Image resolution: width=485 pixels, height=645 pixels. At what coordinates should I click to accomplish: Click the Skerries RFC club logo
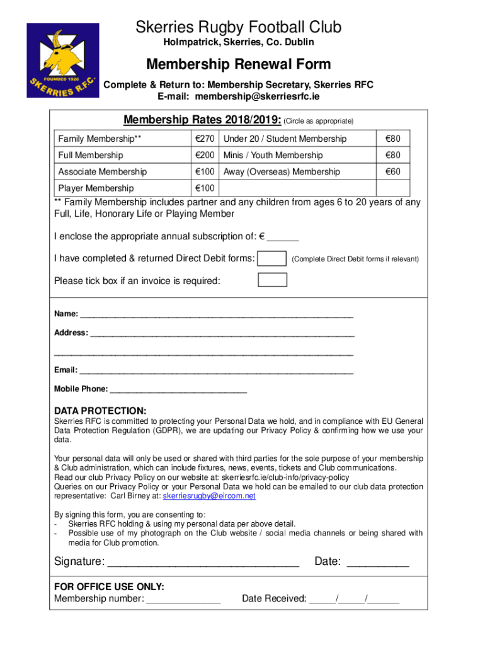[63, 60]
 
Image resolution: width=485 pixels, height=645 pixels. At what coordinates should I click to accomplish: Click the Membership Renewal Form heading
[238, 64]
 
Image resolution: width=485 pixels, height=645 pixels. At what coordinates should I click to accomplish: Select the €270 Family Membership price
[205, 139]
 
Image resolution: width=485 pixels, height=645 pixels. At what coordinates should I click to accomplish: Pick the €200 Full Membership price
[205, 155]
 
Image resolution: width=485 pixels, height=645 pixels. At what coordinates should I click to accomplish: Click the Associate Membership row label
[102, 171]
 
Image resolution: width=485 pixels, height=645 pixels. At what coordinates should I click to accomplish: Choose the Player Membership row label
[96, 188]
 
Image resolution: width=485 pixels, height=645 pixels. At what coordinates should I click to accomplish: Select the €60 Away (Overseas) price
[393, 171]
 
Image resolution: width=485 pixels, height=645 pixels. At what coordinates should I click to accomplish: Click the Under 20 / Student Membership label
[285, 139]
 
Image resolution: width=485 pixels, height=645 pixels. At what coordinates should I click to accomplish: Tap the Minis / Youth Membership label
[273, 155]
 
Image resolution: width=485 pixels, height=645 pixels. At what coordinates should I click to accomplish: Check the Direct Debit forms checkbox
[273, 258]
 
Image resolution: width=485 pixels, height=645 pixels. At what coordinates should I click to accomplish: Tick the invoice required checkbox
[273, 280]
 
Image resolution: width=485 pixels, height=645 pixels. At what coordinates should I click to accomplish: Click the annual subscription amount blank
[283, 238]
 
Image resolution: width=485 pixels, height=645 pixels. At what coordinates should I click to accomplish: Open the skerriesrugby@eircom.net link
[209, 496]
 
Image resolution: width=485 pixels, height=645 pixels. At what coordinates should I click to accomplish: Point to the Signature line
[203, 562]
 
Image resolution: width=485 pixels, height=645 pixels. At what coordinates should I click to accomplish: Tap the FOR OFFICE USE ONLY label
[109, 586]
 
